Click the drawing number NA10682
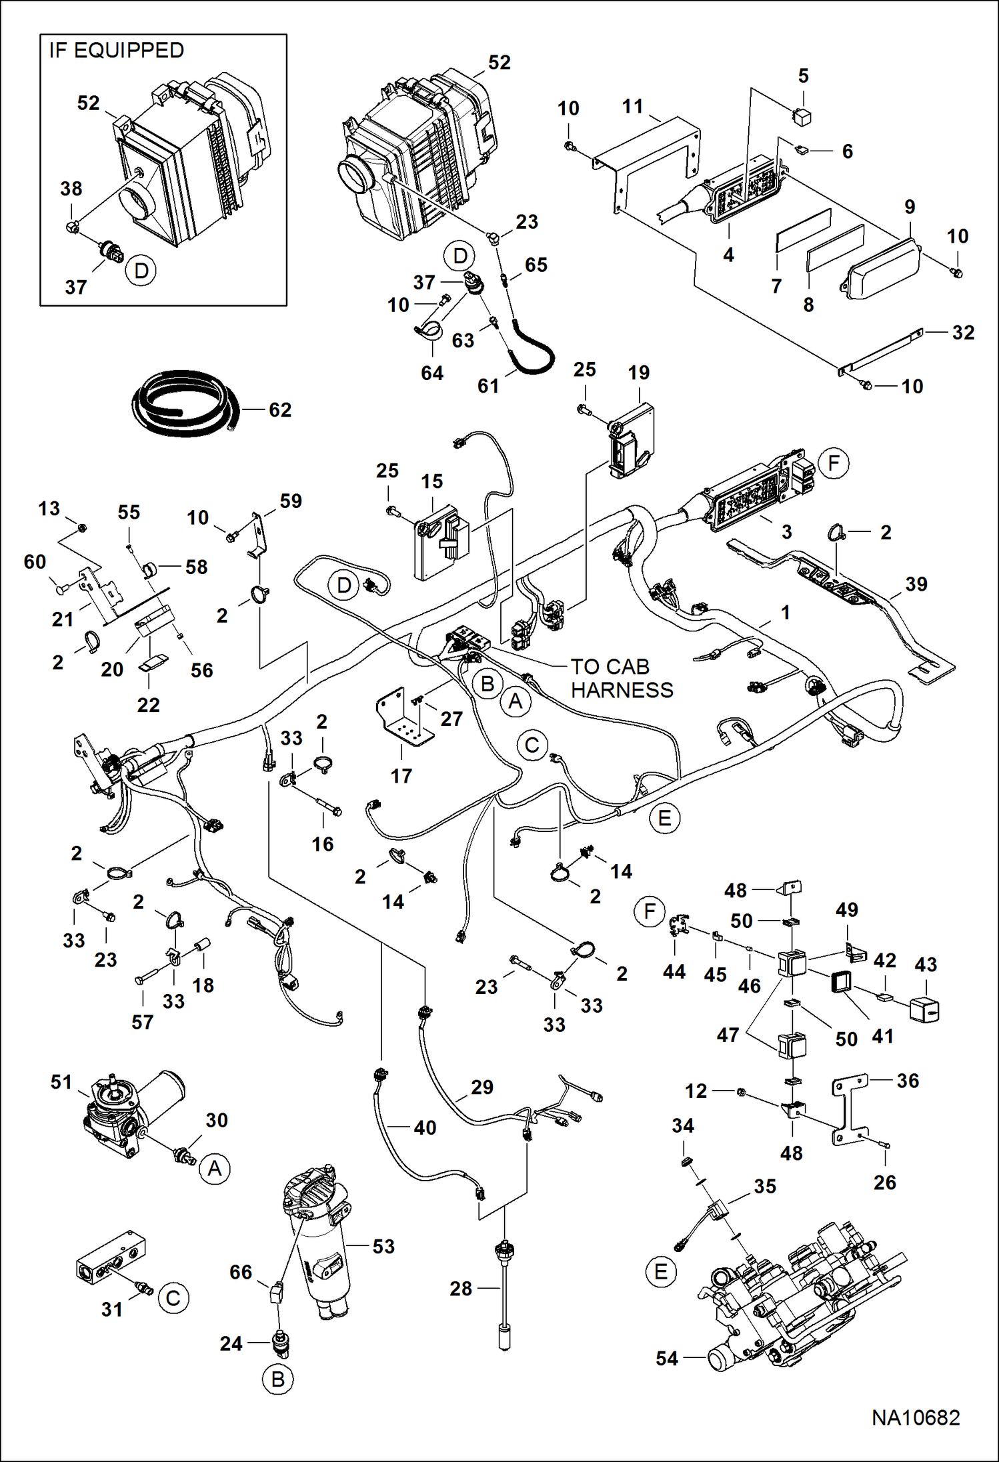916,1417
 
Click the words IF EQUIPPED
117,51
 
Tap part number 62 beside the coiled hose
280,410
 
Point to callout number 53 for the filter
383,1246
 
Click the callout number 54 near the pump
667,1358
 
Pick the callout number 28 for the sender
461,1289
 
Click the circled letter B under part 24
278,1379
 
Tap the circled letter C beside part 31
173,1298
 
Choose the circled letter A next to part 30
215,1169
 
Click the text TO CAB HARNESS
621,678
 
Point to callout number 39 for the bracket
916,584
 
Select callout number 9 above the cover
910,207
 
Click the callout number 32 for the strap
963,333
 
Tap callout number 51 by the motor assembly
61,1082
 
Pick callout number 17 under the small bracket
401,775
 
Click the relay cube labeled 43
924,1010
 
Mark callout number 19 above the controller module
638,373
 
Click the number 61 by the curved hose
488,385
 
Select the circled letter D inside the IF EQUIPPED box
141,271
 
